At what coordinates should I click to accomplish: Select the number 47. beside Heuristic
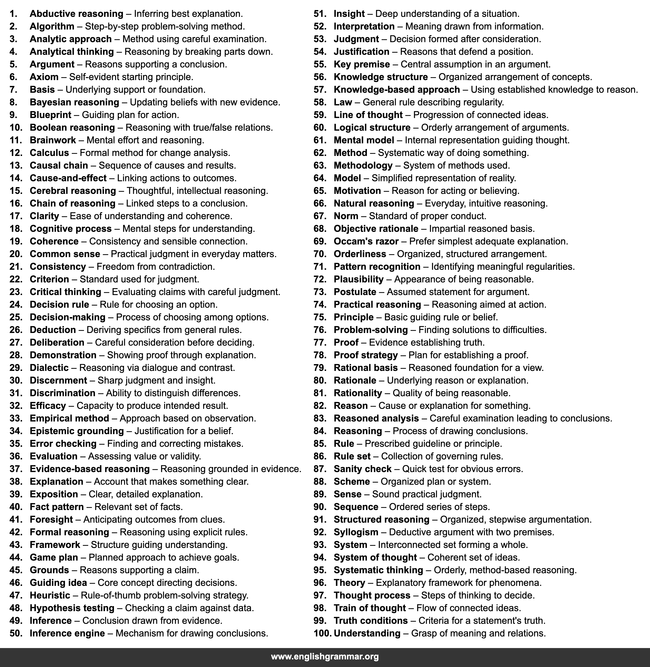click(x=16, y=595)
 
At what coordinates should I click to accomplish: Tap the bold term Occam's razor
click(x=366, y=242)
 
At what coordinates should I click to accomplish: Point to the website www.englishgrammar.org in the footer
click(x=325, y=656)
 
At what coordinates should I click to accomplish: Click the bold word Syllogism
click(x=356, y=532)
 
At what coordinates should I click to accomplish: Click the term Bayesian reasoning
click(x=74, y=102)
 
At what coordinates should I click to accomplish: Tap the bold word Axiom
click(x=44, y=77)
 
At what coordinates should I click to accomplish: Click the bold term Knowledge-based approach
click(x=397, y=90)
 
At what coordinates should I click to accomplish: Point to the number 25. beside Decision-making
click(x=16, y=317)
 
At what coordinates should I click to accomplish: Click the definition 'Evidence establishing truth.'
click(x=427, y=342)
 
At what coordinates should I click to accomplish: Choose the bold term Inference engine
click(x=67, y=633)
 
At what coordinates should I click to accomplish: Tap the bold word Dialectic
click(x=49, y=368)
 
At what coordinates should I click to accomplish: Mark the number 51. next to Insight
click(x=320, y=14)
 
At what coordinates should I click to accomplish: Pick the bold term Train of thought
click(x=370, y=608)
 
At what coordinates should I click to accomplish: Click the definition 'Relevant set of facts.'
click(x=139, y=507)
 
